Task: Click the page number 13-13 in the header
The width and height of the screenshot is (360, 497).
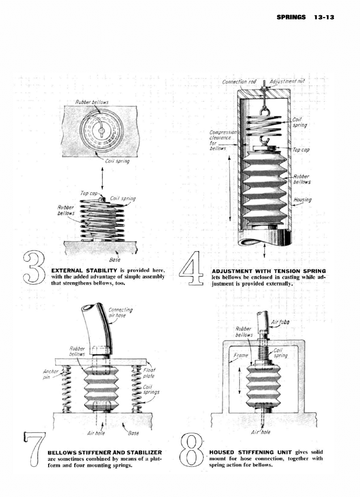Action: point(324,18)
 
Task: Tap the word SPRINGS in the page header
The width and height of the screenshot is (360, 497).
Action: point(291,18)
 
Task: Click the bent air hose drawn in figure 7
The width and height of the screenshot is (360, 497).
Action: point(97,327)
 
